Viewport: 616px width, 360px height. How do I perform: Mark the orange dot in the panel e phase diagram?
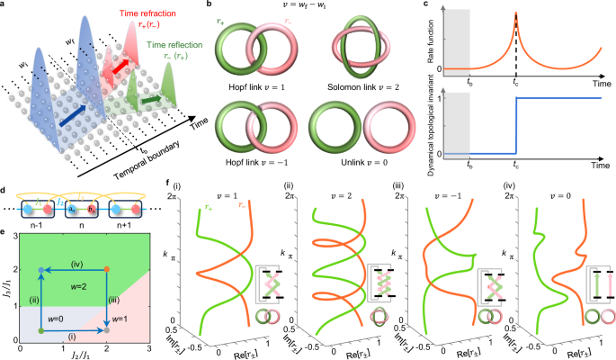coord(107,270)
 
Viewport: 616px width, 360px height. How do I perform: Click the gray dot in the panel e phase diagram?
coord(42,332)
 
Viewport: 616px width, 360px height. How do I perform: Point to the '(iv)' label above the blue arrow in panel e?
coord(76,262)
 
